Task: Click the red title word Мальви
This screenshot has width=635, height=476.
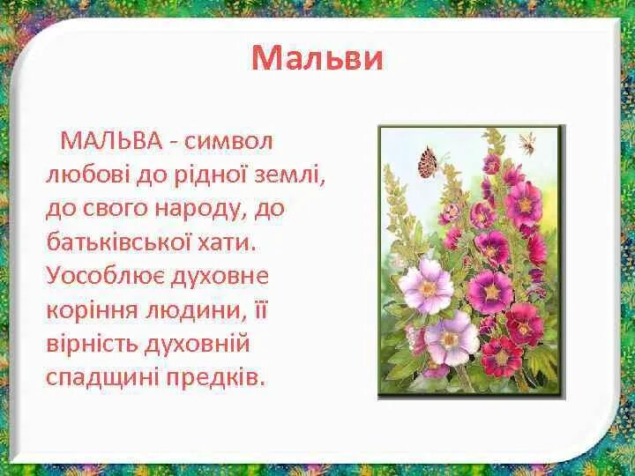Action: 317,58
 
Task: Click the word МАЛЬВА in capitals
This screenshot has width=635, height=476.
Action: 111,141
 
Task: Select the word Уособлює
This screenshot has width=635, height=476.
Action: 101,275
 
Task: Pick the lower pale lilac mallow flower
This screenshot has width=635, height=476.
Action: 450,340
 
